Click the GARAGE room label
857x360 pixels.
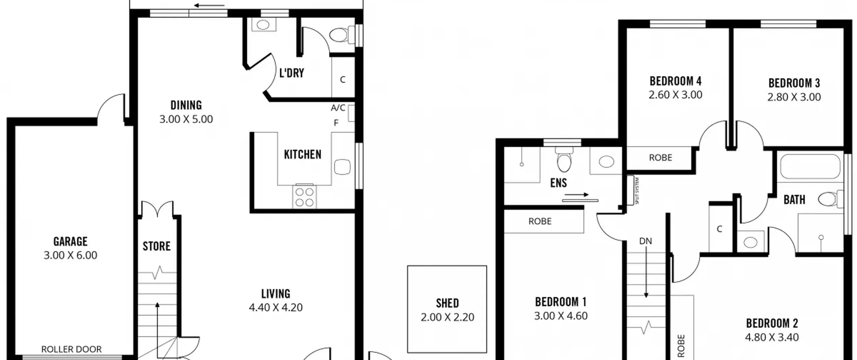coord(70,241)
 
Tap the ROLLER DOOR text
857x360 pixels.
coord(71,349)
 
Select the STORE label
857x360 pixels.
coord(157,246)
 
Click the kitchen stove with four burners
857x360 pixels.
coord(304,196)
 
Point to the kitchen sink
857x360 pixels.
coord(342,167)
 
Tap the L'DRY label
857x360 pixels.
coord(292,73)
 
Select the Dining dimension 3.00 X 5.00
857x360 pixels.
coord(186,119)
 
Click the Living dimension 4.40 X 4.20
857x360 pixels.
coord(276,307)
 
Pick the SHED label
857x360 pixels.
coord(447,303)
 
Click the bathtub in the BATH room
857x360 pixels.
coord(810,166)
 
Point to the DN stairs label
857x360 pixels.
coord(645,241)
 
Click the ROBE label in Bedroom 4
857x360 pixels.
coord(660,158)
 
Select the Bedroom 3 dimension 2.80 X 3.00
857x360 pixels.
coord(794,97)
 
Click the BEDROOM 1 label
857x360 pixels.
coord(561,302)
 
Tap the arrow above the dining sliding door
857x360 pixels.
coord(209,5)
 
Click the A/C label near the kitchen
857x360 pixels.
coord(338,108)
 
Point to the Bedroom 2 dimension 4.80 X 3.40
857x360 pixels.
coord(772,337)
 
